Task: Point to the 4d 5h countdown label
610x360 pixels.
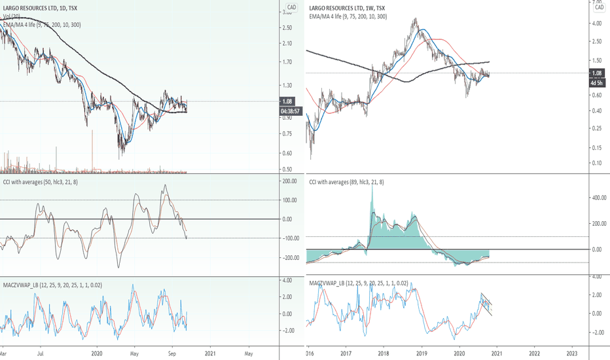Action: pos(596,82)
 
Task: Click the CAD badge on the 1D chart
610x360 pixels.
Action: pos(293,7)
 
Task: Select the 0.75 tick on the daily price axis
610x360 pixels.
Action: pos(287,134)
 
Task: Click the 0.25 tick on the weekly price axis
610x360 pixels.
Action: pos(596,128)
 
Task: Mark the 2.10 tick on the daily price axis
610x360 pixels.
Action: pos(287,43)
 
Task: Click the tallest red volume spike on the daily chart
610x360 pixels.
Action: pos(94,151)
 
